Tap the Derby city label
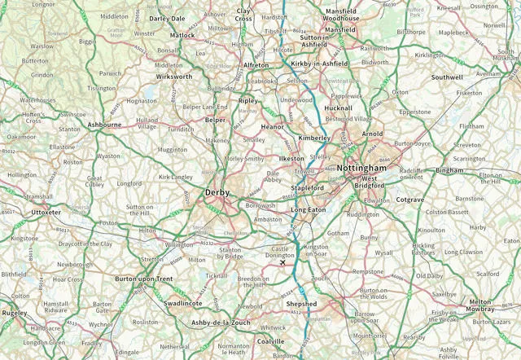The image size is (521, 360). point(217,193)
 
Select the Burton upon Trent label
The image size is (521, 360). point(143,279)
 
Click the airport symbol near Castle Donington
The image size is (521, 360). point(282,262)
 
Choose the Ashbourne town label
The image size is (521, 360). point(104,125)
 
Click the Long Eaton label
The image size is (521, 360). point(309,210)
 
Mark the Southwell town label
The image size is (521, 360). point(447,77)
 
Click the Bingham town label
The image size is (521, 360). point(449,171)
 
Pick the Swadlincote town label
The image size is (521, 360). point(183,302)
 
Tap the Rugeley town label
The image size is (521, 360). point(15,313)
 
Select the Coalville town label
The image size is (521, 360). point(271,341)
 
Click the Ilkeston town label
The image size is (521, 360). point(291,157)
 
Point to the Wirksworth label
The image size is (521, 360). point(174,77)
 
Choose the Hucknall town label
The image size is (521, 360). point(338,108)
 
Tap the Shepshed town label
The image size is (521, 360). point(302,304)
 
